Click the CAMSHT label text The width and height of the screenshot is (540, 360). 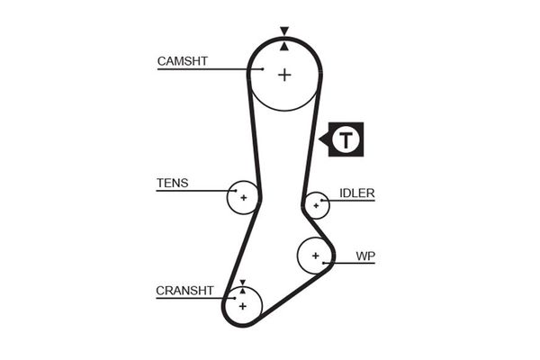(183, 61)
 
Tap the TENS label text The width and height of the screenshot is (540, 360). (173, 183)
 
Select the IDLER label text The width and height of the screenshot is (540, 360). (357, 193)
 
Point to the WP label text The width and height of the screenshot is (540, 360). (364, 256)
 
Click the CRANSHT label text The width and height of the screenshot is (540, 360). (184, 291)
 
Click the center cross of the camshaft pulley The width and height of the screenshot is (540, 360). (284, 75)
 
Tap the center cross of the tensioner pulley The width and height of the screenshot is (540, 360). (243, 196)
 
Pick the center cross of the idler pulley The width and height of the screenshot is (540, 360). (315, 206)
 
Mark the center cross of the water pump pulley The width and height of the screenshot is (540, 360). (315, 256)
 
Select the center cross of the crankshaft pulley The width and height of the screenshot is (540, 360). (242, 306)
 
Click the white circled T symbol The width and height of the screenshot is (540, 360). (346, 139)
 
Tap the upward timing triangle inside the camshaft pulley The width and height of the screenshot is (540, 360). (284, 45)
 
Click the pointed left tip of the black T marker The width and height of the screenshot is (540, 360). (321, 139)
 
